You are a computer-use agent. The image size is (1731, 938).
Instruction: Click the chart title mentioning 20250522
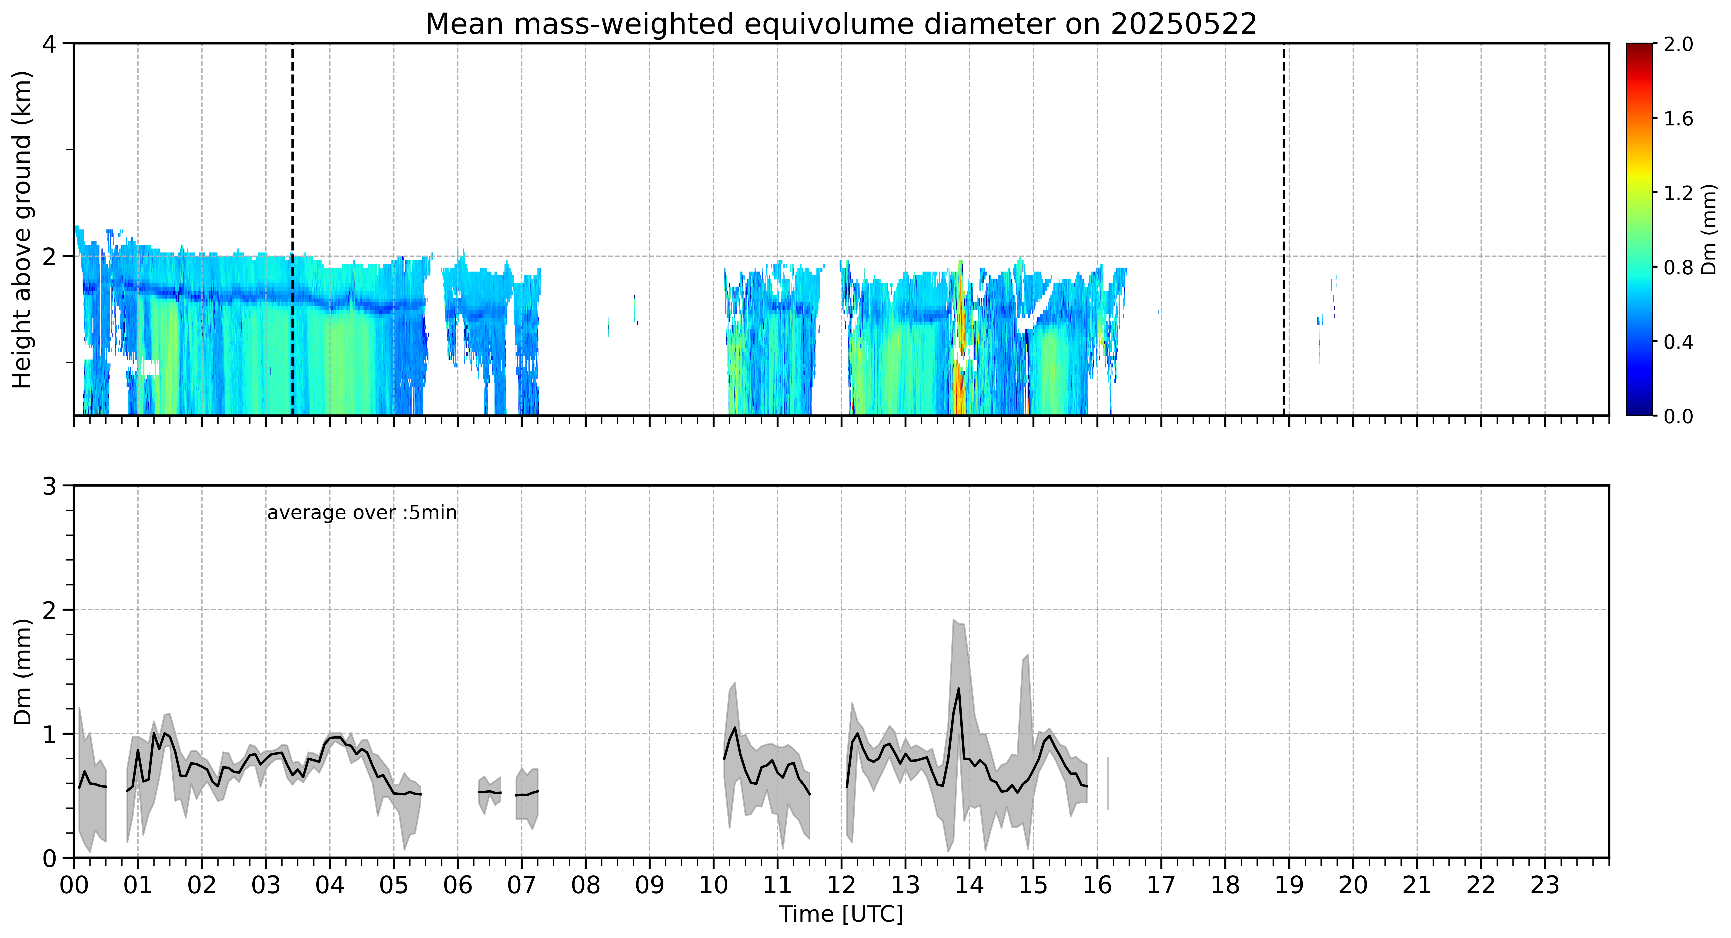[841, 24]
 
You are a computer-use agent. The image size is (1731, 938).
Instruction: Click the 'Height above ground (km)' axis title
[22, 229]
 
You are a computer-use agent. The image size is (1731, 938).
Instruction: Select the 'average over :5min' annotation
[361, 513]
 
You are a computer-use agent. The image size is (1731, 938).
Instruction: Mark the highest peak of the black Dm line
[959, 688]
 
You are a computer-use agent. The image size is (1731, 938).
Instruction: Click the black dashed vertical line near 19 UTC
[1283, 229]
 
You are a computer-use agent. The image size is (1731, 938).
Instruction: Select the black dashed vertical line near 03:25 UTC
[292, 229]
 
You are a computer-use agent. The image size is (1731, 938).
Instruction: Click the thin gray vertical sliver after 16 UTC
[1108, 783]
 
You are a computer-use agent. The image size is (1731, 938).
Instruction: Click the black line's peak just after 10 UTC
[735, 728]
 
